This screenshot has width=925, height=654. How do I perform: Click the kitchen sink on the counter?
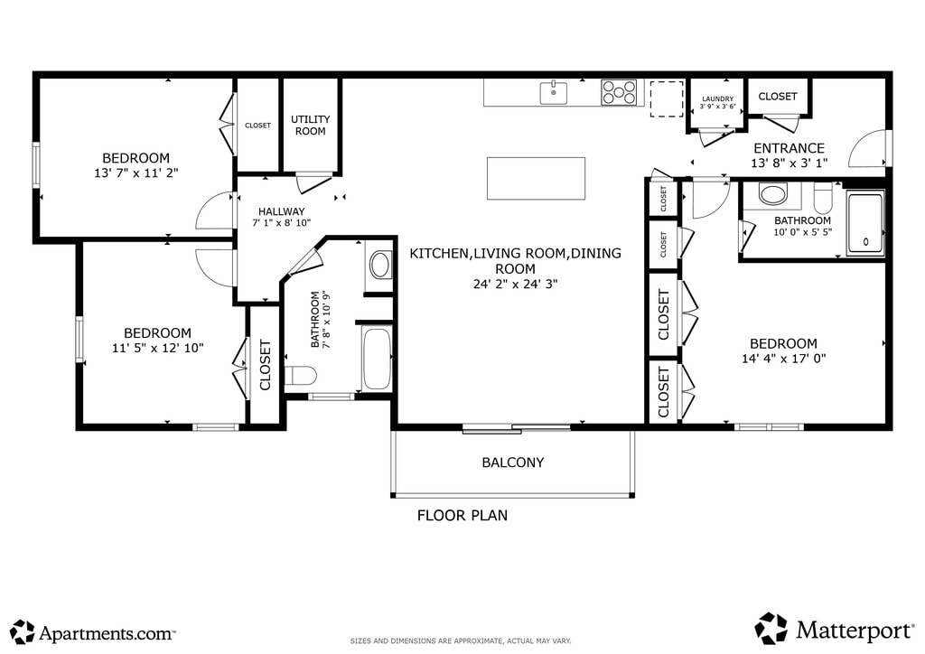(x=554, y=93)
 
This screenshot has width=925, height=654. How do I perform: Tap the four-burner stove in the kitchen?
(x=619, y=92)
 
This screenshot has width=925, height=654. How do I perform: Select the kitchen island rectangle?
(x=536, y=178)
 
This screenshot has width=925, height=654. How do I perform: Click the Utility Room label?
(x=311, y=125)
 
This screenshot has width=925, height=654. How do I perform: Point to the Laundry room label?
(x=718, y=99)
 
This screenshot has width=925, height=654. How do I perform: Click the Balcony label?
(x=513, y=462)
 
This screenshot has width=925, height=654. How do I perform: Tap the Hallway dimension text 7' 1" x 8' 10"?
(x=282, y=223)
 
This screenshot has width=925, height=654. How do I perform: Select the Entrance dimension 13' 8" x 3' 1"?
(x=789, y=163)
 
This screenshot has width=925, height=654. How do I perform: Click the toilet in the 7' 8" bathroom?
(x=300, y=376)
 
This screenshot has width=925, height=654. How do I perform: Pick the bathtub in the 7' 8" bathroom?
(x=377, y=358)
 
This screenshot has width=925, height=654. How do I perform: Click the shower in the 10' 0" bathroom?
(x=865, y=223)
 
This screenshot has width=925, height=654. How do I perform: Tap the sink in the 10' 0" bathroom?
(x=773, y=194)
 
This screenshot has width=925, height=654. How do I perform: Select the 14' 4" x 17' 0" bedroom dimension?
(x=783, y=358)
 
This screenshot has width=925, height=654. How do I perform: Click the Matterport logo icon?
(x=771, y=629)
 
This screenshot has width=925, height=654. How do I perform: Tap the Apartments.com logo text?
(x=107, y=633)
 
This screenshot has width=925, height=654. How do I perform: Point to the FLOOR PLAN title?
(x=462, y=516)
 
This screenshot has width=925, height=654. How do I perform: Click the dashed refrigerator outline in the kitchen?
(x=667, y=99)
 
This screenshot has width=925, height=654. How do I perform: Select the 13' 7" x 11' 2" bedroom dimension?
(x=136, y=173)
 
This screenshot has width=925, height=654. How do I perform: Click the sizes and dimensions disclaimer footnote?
(x=461, y=641)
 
